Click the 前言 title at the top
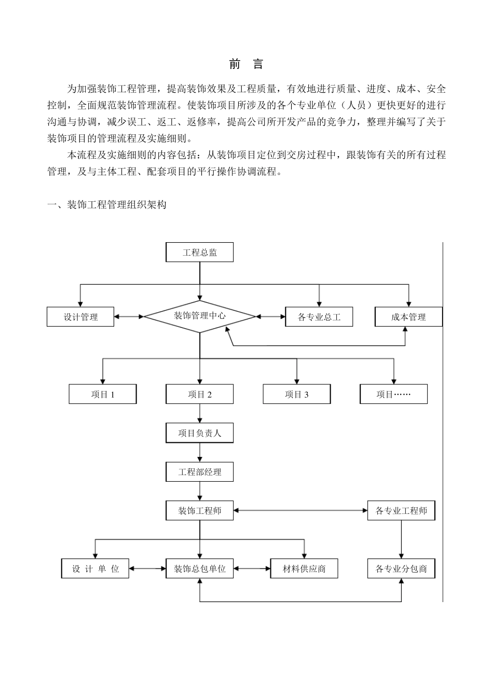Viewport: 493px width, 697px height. [246, 64]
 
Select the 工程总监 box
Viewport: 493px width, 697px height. [199, 253]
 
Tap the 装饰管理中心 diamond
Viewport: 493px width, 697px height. [199, 316]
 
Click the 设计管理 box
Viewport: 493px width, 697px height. [80, 317]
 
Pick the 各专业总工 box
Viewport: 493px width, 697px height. [319, 317]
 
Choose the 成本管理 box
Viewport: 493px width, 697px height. [408, 317]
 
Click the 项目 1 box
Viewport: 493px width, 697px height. [103, 394]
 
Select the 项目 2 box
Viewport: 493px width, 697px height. [199, 394]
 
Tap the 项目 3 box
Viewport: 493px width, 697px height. [296, 394]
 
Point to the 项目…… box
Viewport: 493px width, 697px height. [393, 394]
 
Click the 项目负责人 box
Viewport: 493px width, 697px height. [199, 433]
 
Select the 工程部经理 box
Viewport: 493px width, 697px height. [199, 472]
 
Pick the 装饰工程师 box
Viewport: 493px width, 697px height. [199, 511]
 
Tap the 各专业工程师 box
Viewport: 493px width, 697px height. [401, 511]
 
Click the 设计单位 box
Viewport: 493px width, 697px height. [95, 569]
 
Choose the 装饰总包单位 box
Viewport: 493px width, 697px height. [199, 569]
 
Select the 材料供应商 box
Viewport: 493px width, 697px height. [304, 569]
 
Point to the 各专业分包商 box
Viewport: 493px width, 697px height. [401, 569]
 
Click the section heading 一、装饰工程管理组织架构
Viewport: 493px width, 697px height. [107, 205]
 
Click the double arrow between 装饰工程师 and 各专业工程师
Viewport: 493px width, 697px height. [300, 511]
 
